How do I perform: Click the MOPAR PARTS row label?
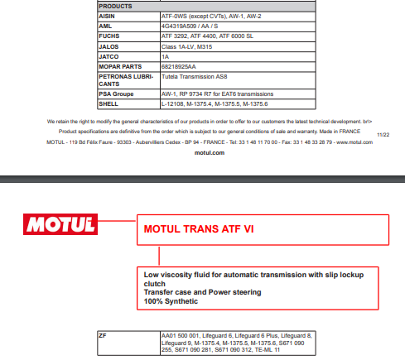(121, 65)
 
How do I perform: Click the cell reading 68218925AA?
(178, 65)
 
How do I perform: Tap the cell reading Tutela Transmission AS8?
(196, 75)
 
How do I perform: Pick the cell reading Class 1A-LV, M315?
(186, 46)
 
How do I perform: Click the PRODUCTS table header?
(116, 6)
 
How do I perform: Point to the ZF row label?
(103, 337)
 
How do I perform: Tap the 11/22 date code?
(383, 132)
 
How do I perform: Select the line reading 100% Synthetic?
(171, 300)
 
